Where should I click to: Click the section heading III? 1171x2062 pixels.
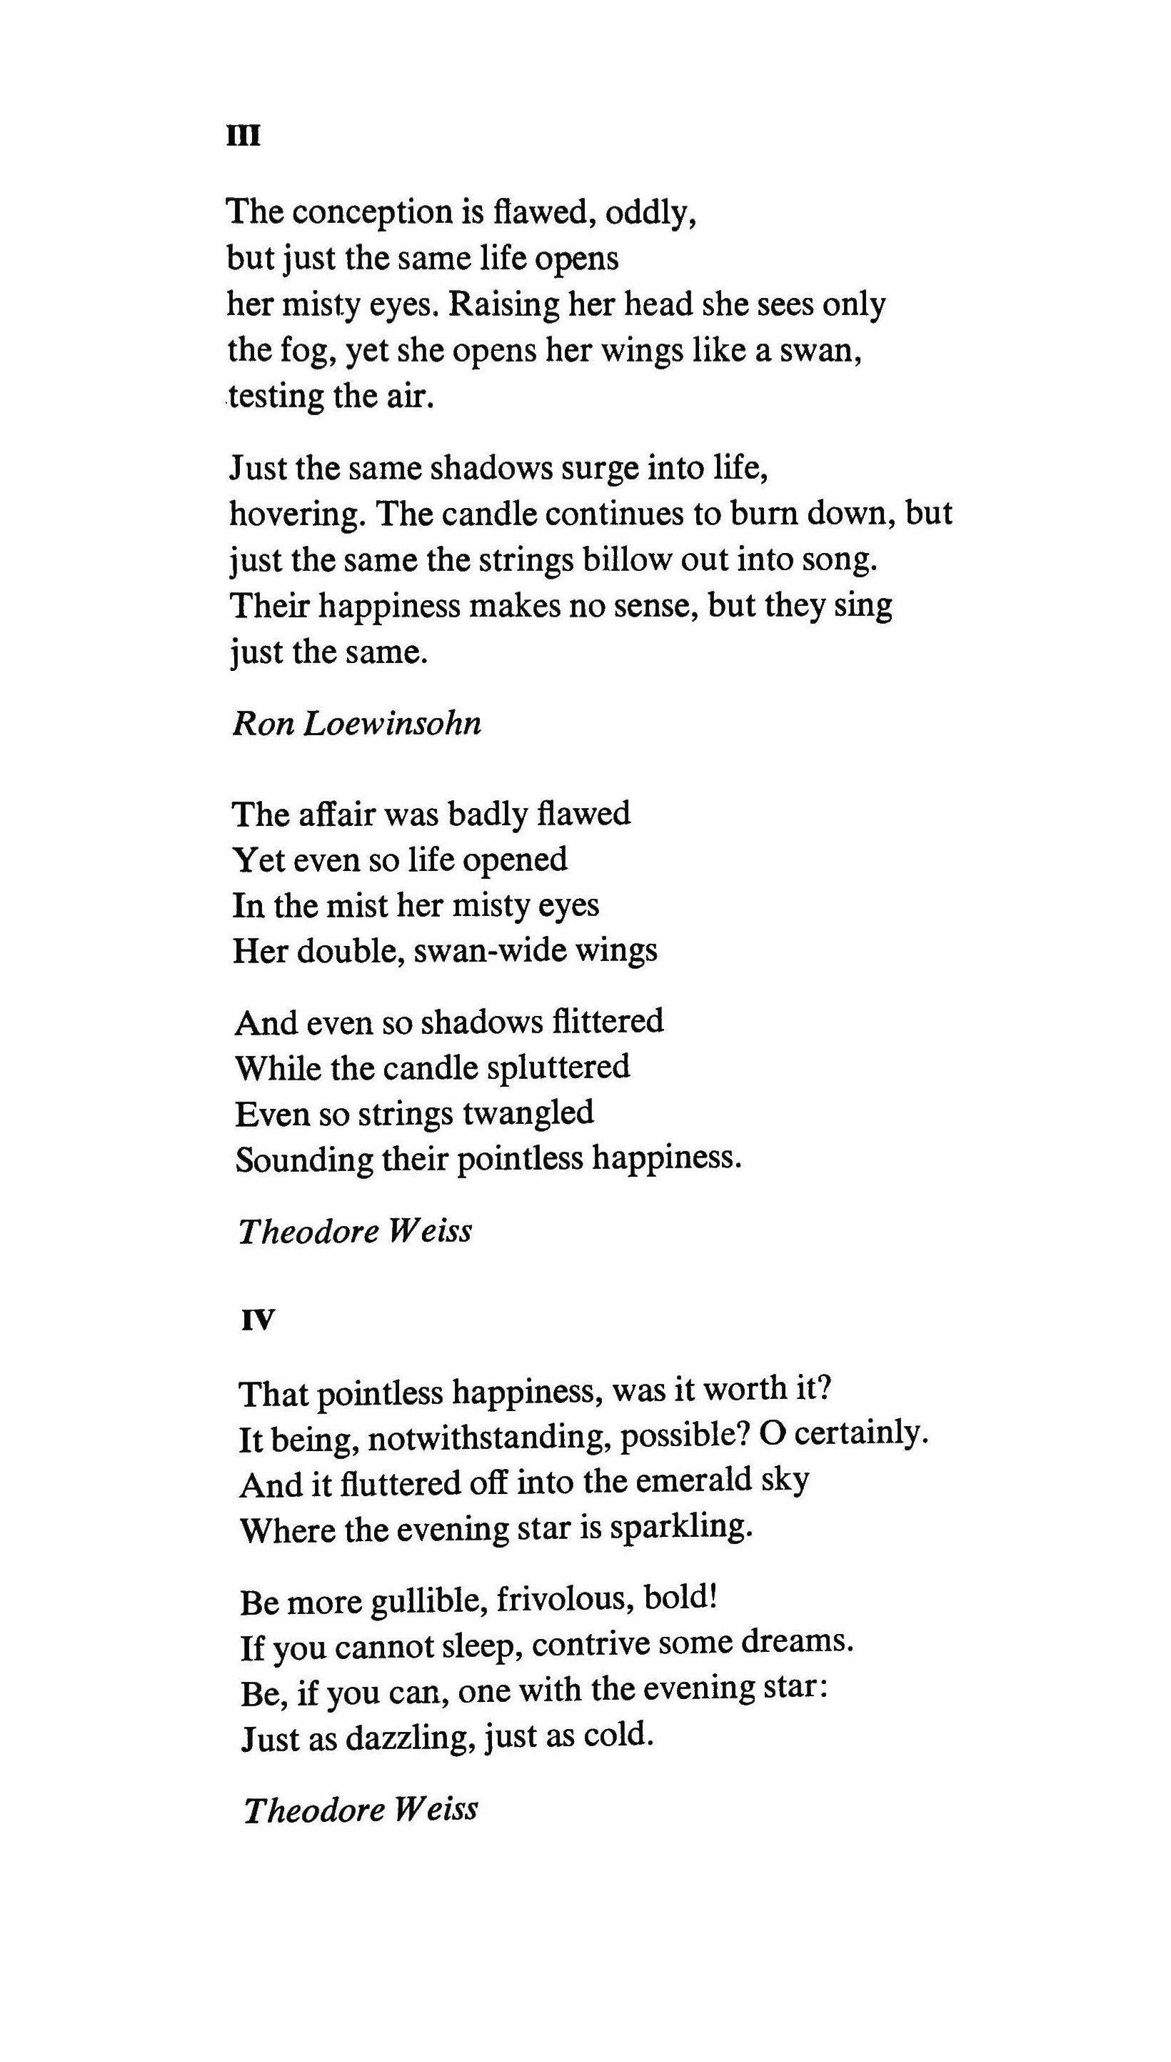tap(243, 136)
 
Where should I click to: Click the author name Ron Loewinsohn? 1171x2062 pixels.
tap(357, 723)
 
